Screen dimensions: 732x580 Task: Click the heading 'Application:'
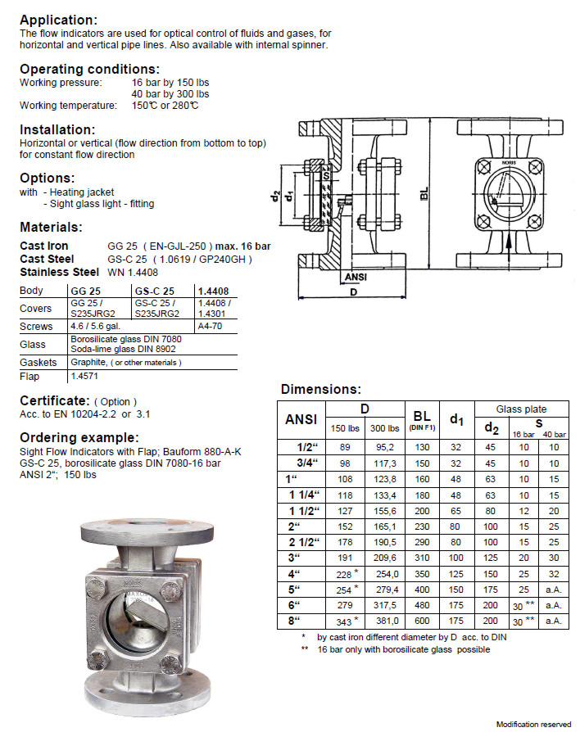tap(58, 20)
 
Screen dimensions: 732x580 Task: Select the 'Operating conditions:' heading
tap(89, 69)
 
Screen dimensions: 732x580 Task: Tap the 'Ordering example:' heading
tap(79, 437)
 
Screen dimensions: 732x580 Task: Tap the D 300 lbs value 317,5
tap(379, 606)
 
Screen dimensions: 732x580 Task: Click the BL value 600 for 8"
tap(421, 621)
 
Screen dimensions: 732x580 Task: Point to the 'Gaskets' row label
tap(39, 362)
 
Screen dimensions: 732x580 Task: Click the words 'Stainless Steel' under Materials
tap(58, 272)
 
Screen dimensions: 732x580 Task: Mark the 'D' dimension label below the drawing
tap(354, 291)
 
